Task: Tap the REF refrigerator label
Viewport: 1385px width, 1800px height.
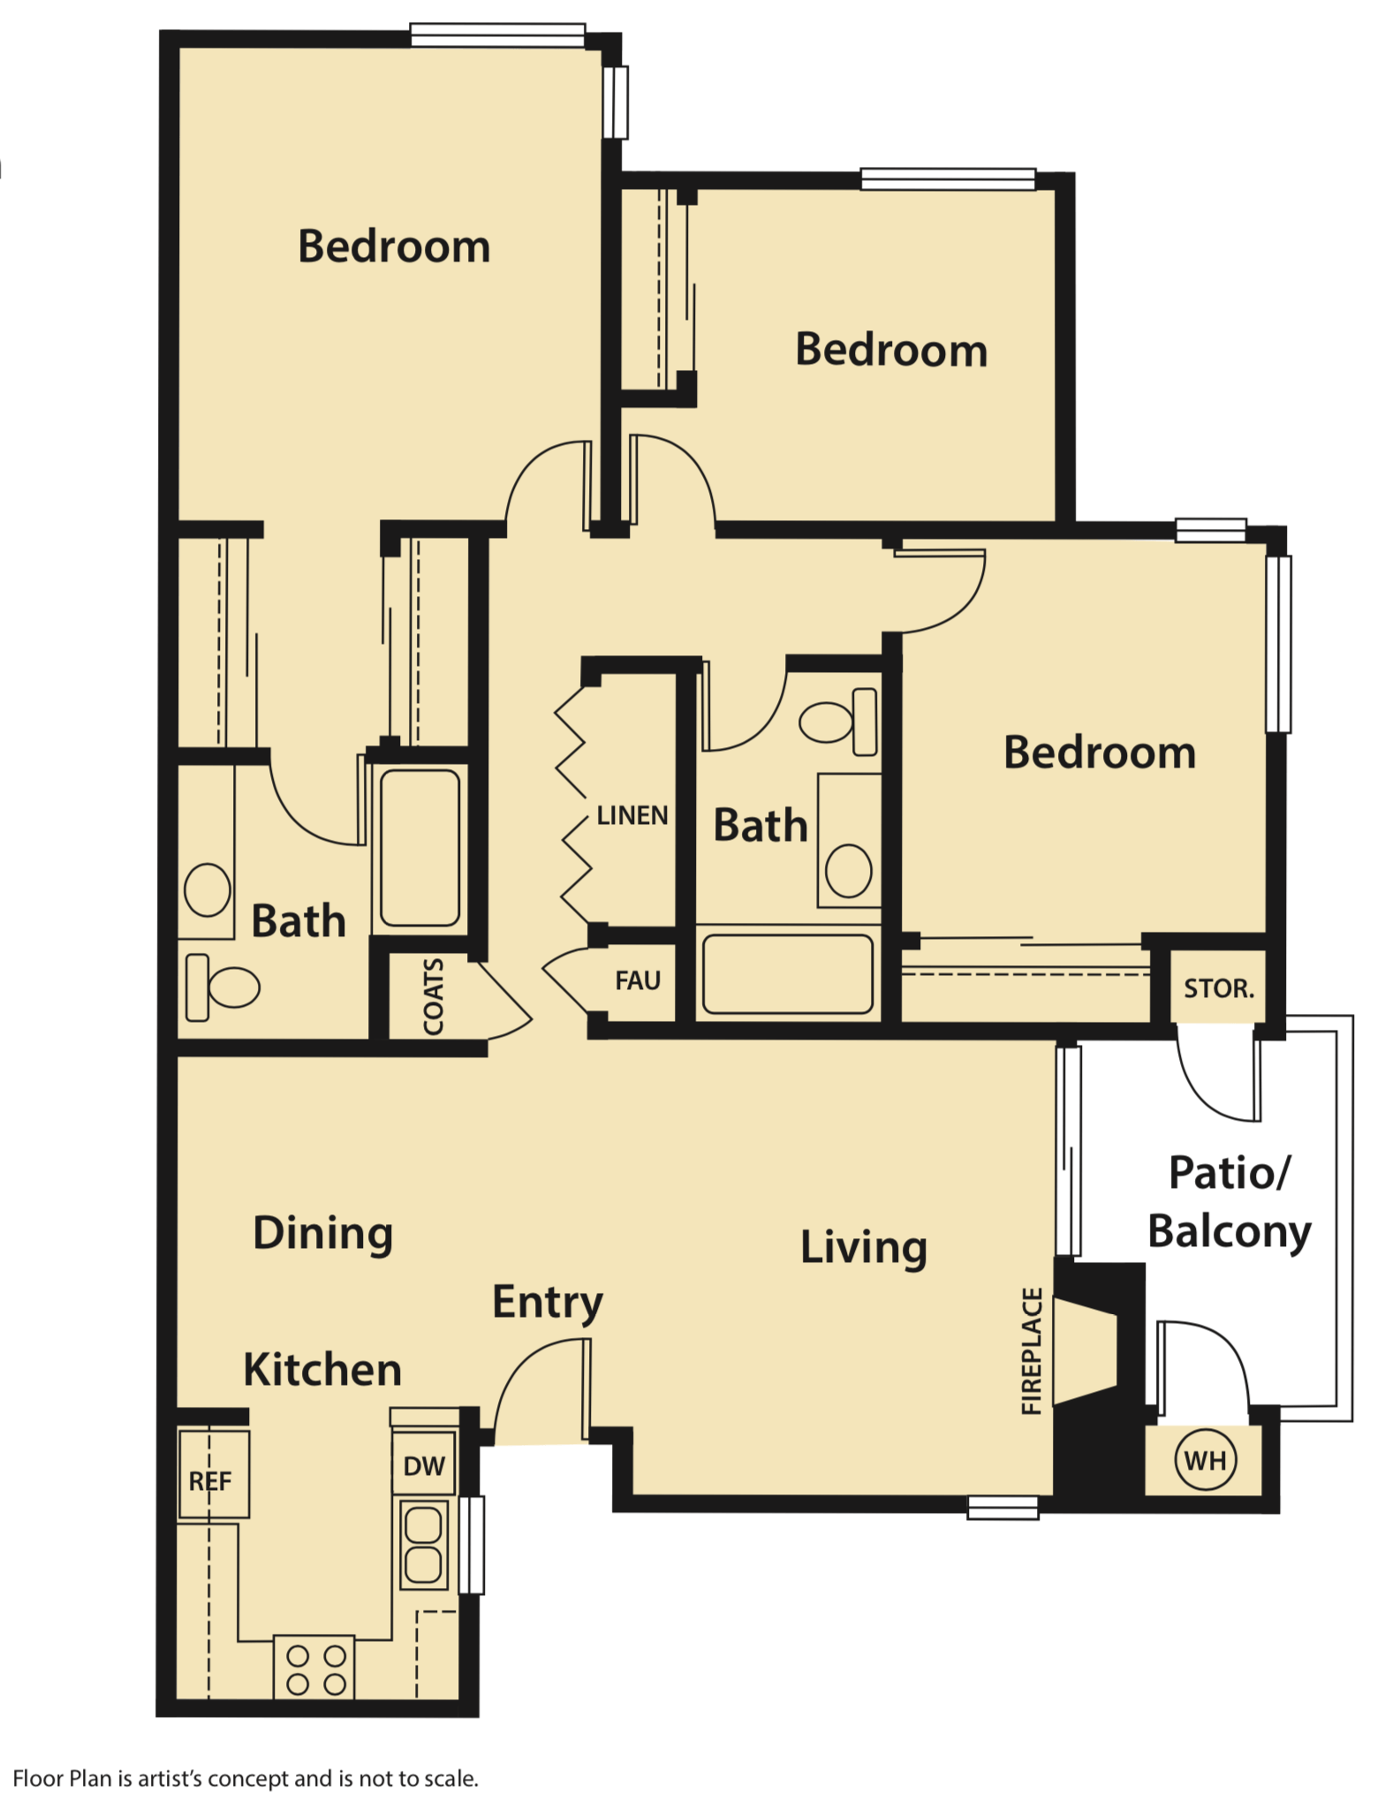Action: coord(210,1481)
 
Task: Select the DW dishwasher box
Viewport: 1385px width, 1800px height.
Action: coord(424,1466)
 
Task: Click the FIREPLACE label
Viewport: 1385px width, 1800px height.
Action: coord(1032,1351)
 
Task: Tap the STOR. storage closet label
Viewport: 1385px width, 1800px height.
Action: coord(1219,988)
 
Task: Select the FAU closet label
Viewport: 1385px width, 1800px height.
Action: coord(638,980)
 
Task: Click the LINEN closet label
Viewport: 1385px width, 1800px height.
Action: coord(632,815)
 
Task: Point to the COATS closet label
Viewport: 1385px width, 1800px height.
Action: coord(433,997)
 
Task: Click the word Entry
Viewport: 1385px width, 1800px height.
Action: coord(548,1302)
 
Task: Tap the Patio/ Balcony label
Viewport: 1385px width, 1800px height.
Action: coord(1230,1202)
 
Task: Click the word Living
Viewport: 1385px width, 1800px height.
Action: coord(864,1247)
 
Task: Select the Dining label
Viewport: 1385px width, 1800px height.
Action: coord(323,1233)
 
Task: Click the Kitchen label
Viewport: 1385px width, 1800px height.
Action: coord(322,1370)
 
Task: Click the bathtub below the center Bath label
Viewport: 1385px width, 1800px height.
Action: coord(787,973)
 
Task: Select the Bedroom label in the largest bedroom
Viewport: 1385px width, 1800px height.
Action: coord(394,246)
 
